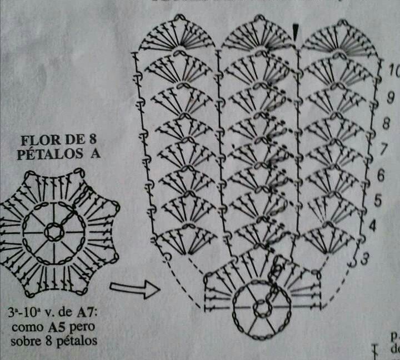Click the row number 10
pos(394,71)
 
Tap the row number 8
pos(386,124)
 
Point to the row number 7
pos(383,149)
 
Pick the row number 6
pos(381,176)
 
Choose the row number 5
pos(377,200)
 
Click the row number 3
pos(365,258)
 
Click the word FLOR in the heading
pos(39,139)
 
